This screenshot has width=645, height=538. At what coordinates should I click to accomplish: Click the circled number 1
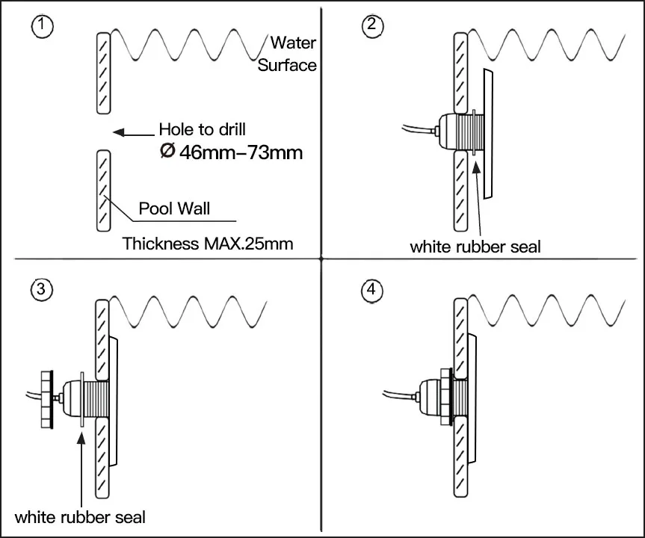(42, 26)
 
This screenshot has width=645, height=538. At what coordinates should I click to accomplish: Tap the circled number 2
(372, 25)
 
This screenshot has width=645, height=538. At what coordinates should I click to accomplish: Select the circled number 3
(41, 289)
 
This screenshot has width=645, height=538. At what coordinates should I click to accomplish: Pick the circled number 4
(371, 291)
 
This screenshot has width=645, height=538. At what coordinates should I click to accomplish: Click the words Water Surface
(287, 54)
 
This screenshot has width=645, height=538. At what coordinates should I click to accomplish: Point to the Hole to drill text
(203, 129)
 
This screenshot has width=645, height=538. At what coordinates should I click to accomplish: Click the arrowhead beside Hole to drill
(119, 132)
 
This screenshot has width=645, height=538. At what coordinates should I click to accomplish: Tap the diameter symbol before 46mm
(167, 150)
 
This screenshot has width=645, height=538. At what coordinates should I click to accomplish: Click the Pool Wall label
(174, 208)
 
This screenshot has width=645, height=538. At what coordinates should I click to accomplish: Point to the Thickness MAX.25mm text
(208, 244)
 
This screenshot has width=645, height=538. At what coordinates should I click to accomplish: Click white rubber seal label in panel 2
(475, 247)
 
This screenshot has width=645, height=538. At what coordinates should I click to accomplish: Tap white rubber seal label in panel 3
(80, 517)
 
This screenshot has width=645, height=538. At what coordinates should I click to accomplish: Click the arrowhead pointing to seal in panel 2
(475, 168)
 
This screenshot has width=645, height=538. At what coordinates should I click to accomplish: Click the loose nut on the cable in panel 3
(47, 400)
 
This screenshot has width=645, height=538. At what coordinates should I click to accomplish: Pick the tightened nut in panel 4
(446, 397)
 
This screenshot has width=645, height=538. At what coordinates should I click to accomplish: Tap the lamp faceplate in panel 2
(488, 134)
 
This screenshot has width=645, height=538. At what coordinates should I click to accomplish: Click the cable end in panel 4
(384, 392)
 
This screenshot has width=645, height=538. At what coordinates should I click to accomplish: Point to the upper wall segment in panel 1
(104, 72)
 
